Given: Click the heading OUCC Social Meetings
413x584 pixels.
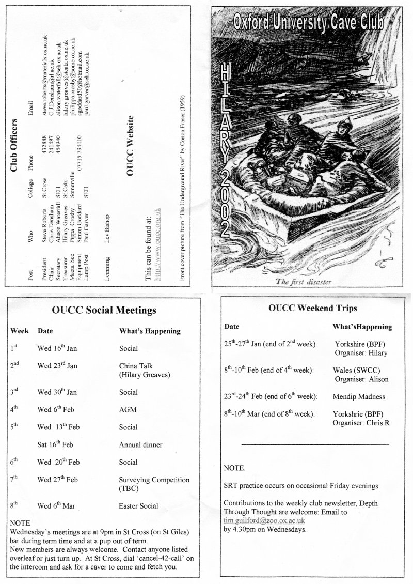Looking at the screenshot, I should (104, 311).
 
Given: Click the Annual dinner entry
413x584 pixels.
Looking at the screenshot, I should (140, 444).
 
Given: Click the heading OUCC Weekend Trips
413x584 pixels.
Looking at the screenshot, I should (312, 308).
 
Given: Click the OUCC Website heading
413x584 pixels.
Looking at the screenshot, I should (130, 146).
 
